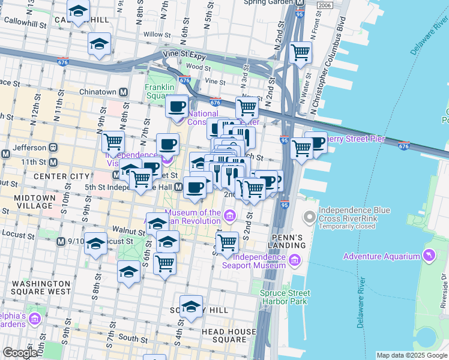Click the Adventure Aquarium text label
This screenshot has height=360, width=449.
381,257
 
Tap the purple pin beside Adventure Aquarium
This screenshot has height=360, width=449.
428,257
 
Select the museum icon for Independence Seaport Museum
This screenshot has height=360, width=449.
294,260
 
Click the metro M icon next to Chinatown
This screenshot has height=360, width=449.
124,92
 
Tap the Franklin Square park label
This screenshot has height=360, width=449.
159,91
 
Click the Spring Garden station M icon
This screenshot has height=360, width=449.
301,2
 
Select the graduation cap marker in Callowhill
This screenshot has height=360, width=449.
78,12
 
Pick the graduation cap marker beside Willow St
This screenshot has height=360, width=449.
99,44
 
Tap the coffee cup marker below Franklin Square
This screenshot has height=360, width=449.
176,106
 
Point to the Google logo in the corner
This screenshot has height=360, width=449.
19,353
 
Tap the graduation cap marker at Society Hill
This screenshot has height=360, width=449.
191,306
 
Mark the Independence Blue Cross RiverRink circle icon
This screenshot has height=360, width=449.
309,217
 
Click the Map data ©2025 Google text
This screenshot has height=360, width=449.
412,355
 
